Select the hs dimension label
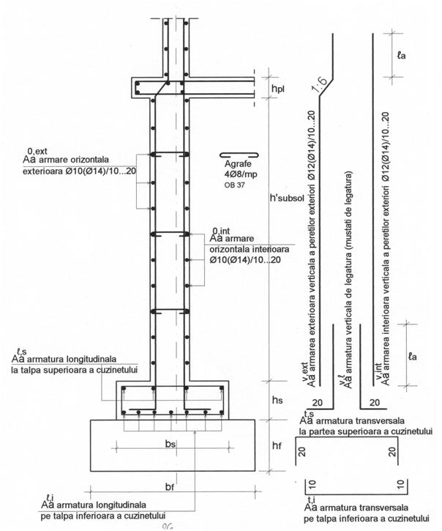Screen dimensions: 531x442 pos(279,400)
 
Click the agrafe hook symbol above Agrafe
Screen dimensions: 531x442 pos(239,155)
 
